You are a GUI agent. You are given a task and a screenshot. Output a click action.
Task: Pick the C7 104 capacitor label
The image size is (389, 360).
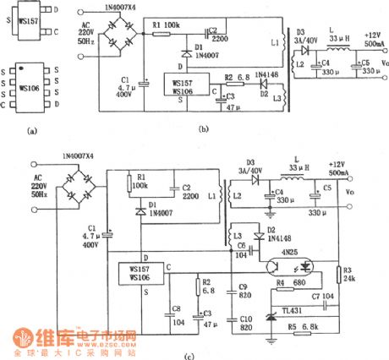[x=324, y=297]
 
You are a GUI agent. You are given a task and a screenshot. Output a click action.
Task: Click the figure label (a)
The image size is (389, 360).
[x=32, y=132]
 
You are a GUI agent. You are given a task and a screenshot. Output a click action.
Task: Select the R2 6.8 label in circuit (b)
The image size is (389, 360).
[x=234, y=78]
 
